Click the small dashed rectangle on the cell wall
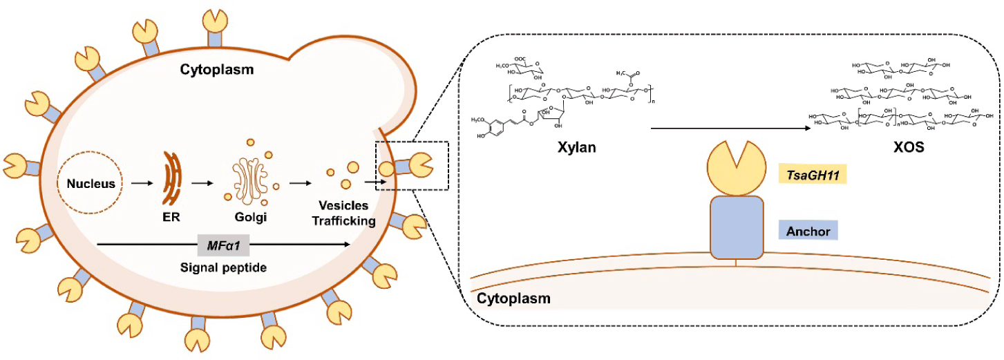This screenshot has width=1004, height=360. (411, 165)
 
